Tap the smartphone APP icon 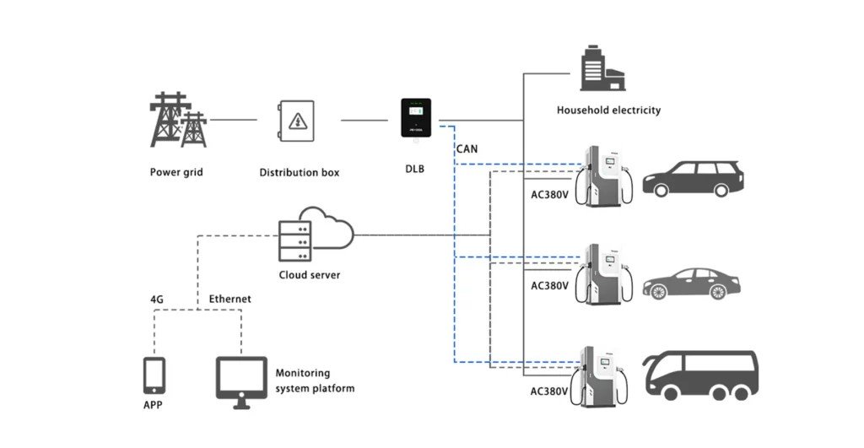tap(153, 375)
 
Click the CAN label tap(467, 149)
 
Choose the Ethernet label tap(229, 299)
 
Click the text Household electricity tap(608, 110)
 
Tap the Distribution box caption tap(299, 172)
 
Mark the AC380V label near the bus tap(549, 391)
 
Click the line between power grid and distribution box tap(233, 120)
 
